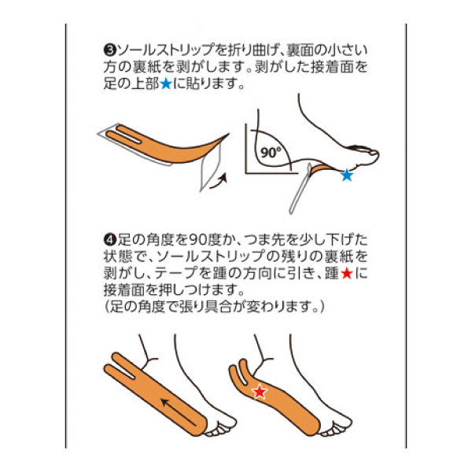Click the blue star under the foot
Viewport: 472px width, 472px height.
[347, 175]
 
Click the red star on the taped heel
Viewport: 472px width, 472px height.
[260, 392]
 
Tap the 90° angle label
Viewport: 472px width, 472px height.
[271, 153]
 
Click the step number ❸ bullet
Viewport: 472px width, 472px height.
[109, 50]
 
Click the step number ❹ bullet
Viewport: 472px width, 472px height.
[109, 240]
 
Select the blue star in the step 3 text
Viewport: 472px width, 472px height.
[166, 84]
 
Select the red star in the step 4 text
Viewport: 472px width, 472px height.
[346, 273]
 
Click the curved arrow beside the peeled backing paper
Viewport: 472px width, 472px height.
[217, 183]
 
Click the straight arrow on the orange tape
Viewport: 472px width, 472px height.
[179, 412]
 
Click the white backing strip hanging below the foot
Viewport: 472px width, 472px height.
[300, 189]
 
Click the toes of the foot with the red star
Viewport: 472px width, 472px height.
[336, 426]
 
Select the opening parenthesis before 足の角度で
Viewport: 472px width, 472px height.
[106, 307]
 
